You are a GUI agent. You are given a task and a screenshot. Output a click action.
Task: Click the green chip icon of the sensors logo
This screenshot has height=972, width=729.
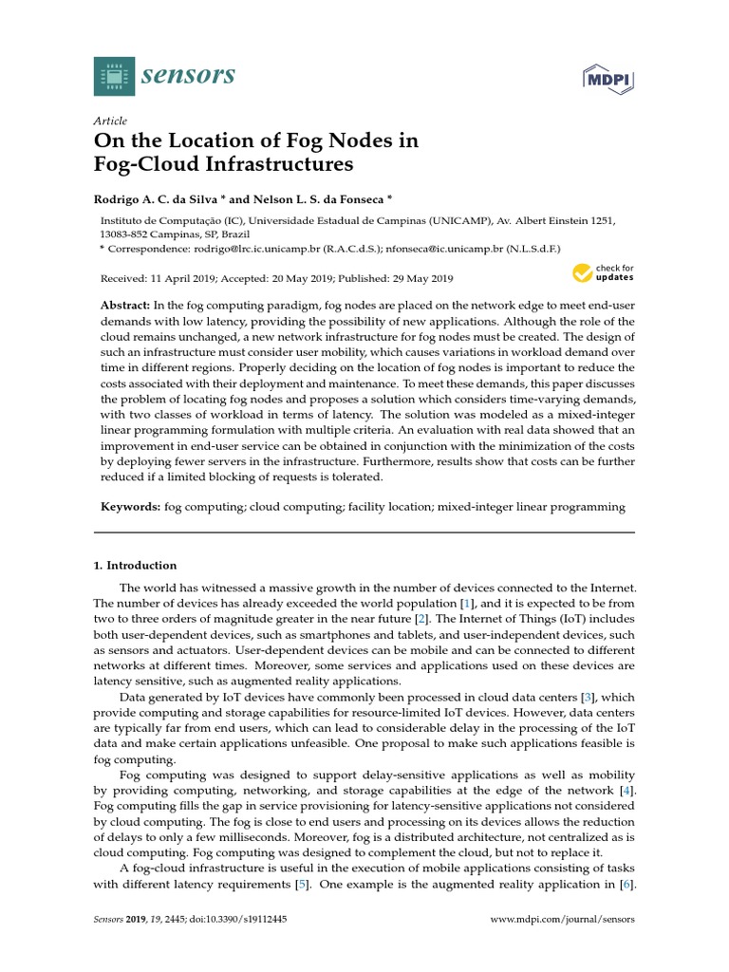(x=115, y=75)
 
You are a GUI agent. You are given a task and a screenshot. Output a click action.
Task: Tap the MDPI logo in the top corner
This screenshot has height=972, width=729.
(x=608, y=77)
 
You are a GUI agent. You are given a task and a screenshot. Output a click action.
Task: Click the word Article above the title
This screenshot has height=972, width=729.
(x=110, y=121)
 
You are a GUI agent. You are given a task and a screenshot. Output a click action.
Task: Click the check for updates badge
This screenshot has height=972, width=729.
(x=603, y=273)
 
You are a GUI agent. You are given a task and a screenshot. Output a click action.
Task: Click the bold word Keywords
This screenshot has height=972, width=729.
(x=131, y=507)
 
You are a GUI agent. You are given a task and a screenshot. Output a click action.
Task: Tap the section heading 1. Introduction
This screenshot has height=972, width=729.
(x=135, y=566)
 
